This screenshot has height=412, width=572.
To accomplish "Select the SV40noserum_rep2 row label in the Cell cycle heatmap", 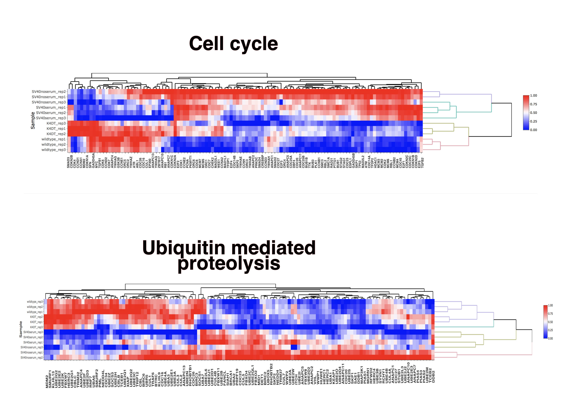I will point(49,92).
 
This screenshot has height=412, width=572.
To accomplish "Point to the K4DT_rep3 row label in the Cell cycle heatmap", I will point(56,123).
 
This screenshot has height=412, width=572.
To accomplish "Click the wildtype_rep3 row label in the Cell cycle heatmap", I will point(53,150).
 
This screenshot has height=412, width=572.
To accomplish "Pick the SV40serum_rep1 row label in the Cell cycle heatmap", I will point(51,108).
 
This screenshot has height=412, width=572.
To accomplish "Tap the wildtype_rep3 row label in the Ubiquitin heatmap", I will point(35,302).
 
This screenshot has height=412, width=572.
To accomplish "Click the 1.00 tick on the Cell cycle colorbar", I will point(533,96).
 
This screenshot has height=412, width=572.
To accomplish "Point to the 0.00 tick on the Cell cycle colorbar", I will point(533,130).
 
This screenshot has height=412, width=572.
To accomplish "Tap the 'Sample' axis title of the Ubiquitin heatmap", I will point(21,329).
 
